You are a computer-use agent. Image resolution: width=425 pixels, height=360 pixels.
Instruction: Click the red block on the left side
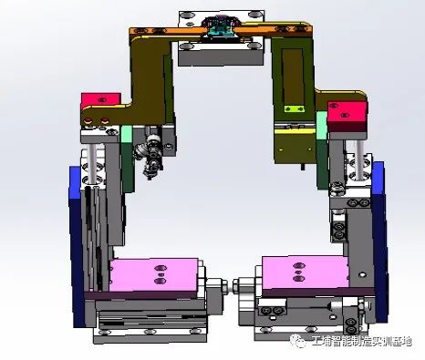(100, 100)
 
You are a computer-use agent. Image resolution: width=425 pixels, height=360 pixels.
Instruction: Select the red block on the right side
(347, 116)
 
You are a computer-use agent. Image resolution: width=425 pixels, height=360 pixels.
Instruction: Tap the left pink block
(154, 275)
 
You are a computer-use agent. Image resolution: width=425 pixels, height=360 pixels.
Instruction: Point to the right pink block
(305, 273)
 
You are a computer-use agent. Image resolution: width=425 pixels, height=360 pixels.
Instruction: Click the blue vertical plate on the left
(77, 246)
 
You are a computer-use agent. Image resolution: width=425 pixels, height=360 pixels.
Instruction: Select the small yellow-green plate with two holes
(294, 108)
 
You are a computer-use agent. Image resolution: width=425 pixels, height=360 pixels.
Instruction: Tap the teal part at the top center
(220, 30)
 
